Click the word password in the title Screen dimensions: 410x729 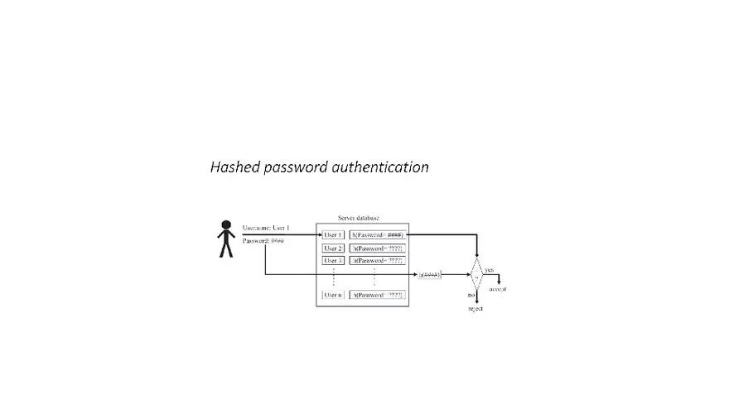coord(295,167)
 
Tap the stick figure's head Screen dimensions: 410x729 coord(225,225)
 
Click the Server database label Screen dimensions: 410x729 coord(360,217)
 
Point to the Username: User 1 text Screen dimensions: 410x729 coord(266,228)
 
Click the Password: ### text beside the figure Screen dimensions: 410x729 coord(263,241)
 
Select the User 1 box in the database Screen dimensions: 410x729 coord(333,235)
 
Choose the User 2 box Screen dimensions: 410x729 coord(333,248)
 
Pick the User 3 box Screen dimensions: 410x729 coord(333,261)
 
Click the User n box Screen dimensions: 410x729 coord(333,295)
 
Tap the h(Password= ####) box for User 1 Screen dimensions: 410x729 coord(377,235)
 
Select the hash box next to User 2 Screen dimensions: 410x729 coord(377,248)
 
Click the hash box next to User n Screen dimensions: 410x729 coord(377,295)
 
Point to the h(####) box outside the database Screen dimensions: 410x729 coord(430,273)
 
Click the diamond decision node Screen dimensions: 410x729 coord(476,274)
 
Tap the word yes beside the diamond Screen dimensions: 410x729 coord(489,270)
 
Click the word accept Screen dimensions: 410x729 coord(497,289)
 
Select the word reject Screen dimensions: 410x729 coord(476,309)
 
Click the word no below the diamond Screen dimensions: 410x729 coord(470,295)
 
